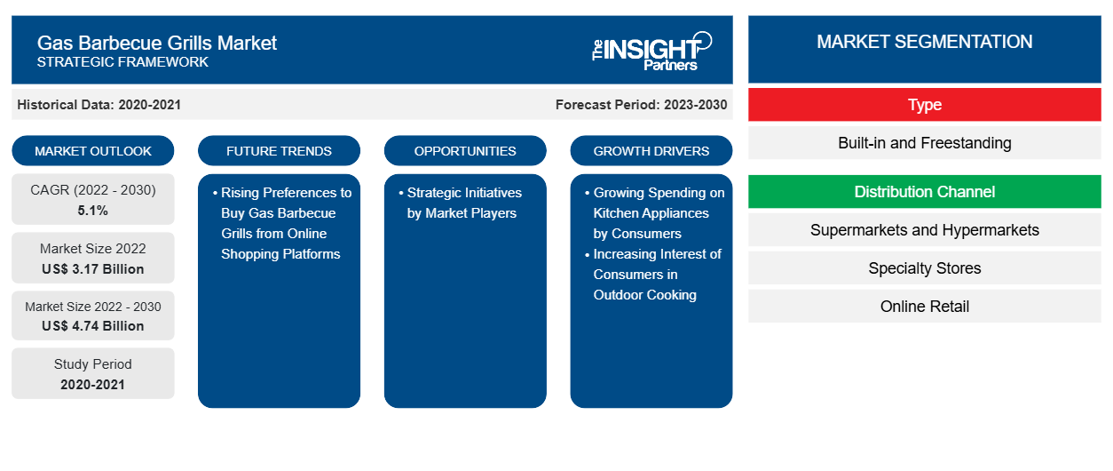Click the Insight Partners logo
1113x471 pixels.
click(x=651, y=50)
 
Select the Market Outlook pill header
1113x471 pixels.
click(x=93, y=151)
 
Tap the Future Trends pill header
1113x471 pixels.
click(x=279, y=151)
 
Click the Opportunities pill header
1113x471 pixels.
click(x=465, y=151)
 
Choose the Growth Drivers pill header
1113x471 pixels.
click(x=651, y=151)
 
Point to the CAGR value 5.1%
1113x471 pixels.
click(x=93, y=211)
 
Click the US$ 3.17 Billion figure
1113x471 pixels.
click(x=93, y=268)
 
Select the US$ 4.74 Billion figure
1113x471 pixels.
click(x=93, y=326)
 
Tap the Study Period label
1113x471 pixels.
click(x=93, y=364)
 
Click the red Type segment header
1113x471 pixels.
click(x=924, y=105)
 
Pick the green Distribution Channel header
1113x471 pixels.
click(x=924, y=192)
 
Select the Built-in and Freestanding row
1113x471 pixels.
click(x=924, y=143)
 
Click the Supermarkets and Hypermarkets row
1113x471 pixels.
click(x=924, y=230)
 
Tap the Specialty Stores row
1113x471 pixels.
click(x=924, y=268)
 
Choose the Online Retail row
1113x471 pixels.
click(x=924, y=307)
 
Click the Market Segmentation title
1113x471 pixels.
click(x=924, y=42)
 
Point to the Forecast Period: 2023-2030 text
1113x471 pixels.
click(x=641, y=105)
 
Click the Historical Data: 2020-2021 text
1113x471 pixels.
click(x=99, y=105)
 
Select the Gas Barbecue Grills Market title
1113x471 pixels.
click(x=157, y=43)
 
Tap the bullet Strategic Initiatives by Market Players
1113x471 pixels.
click(x=462, y=203)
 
